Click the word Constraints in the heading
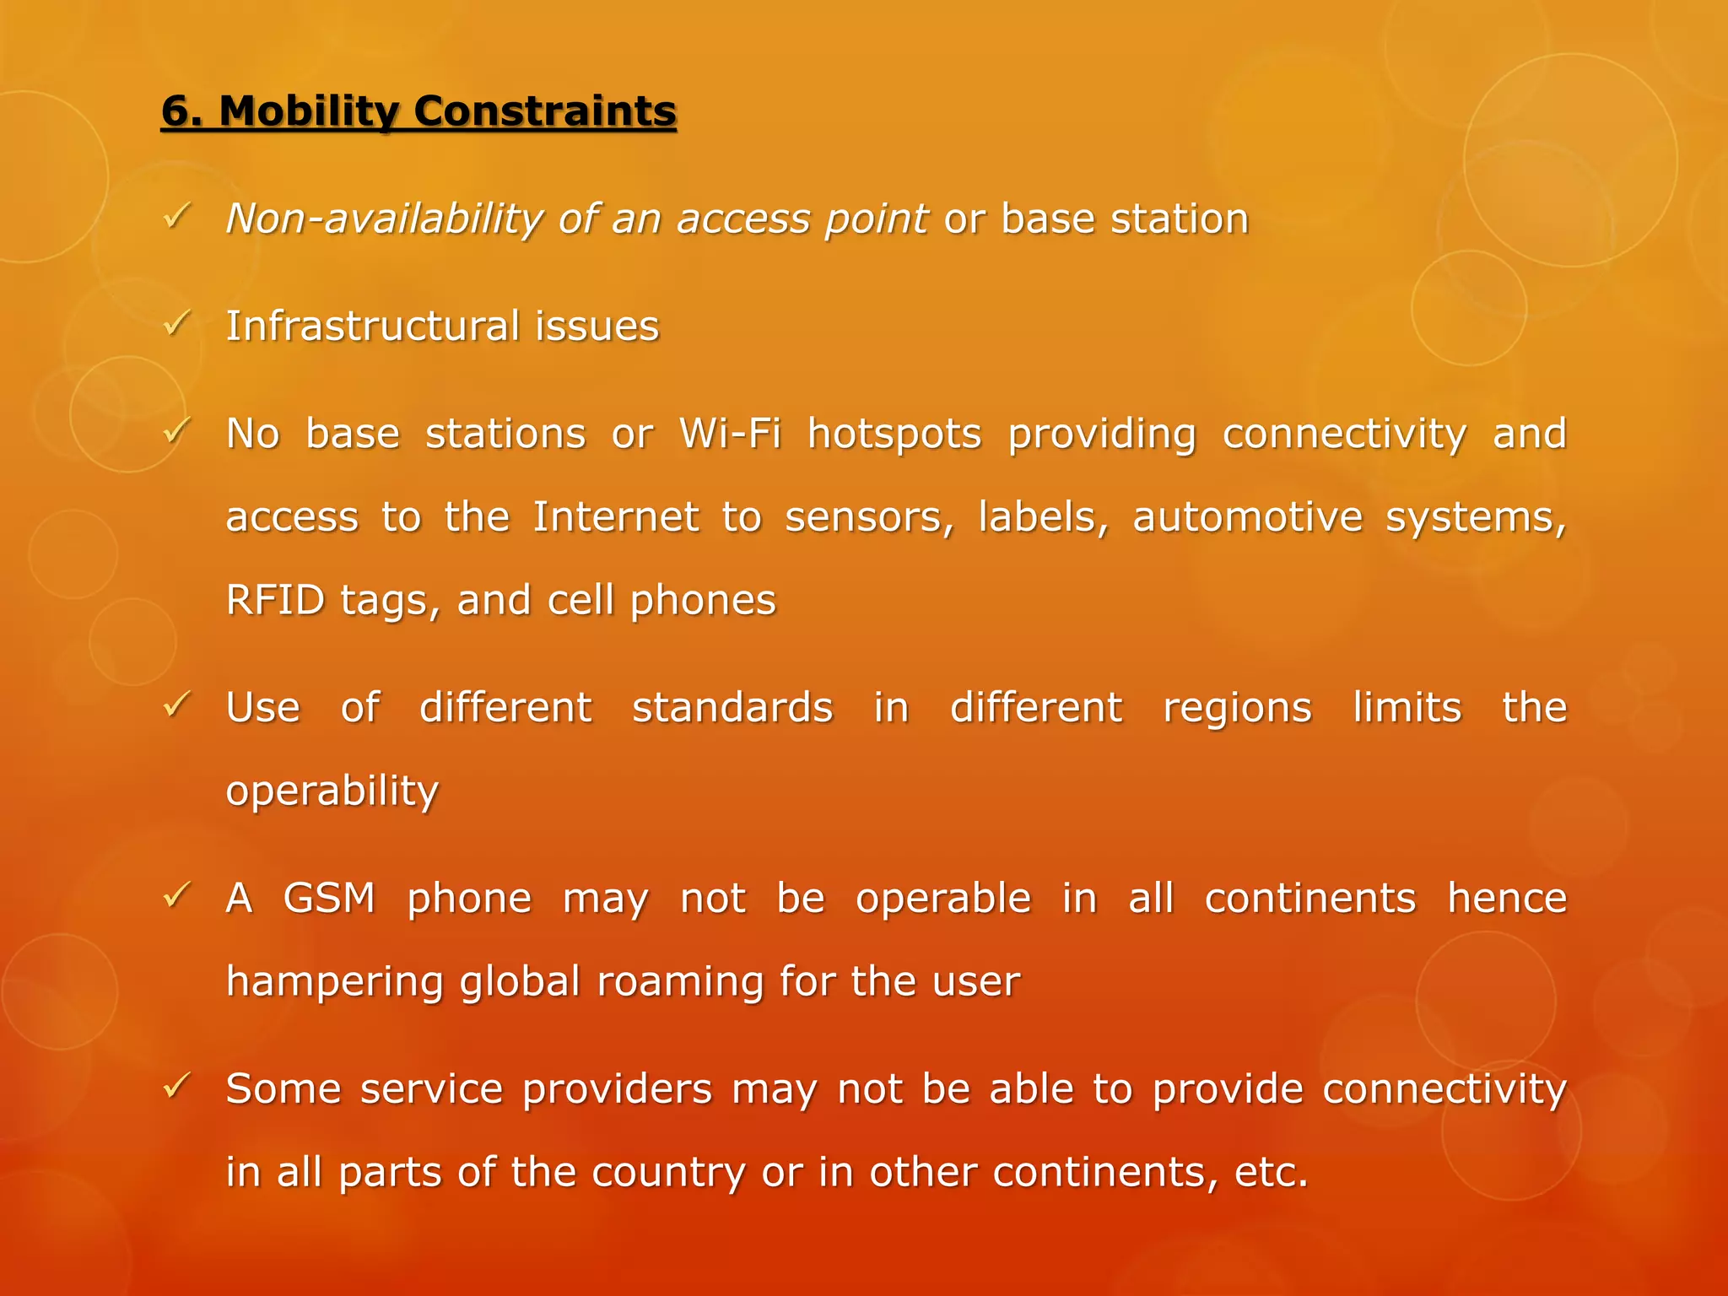pyautogui.click(x=545, y=112)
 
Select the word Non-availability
pyautogui.click(x=385, y=219)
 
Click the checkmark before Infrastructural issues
pyautogui.click(x=176, y=323)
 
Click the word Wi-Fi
pyautogui.click(x=730, y=434)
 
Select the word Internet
pyautogui.click(x=616, y=516)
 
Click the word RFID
pyautogui.click(x=275, y=600)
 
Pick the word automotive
pyautogui.click(x=1247, y=516)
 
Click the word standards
pyautogui.click(x=732, y=707)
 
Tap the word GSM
pyautogui.click(x=329, y=898)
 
